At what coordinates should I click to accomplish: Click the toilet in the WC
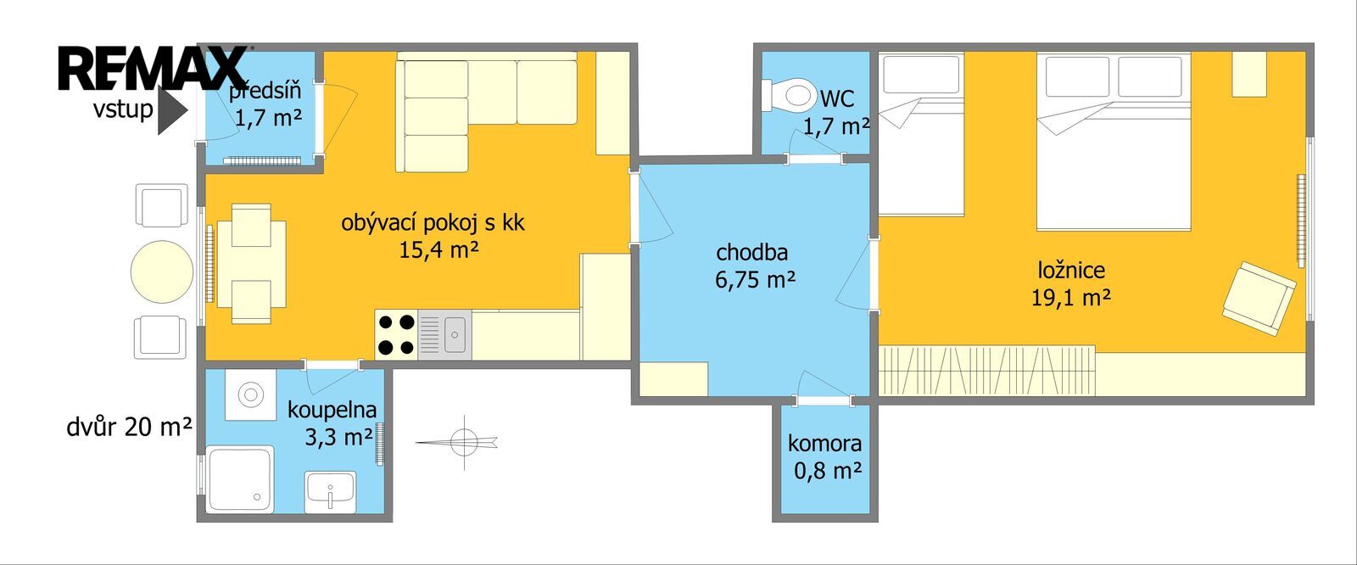[x=789, y=94]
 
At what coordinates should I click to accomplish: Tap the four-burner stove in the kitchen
[x=396, y=334]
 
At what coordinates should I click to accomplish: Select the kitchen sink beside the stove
[x=444, y=334]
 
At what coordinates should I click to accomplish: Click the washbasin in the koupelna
[x=331, y=492]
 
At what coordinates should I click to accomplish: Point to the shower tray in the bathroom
[x=241, y=479]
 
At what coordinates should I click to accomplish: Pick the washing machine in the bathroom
[x=250, y=394]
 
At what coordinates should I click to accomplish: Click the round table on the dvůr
[x=162, y=271]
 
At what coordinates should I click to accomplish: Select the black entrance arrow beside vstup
[x=172, y=109]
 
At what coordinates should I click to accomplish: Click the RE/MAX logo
[x=153, y=68]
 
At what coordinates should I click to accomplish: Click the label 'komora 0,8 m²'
[x=825, y=456]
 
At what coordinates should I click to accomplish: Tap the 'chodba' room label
[x=751, y=252]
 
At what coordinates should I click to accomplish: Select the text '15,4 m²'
[x=438, y=249]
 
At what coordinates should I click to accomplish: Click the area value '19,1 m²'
[x=1071, y=298]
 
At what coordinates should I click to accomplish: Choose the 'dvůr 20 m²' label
[x=129, y=428]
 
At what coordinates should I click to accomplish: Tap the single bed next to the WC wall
[x=921, y=134]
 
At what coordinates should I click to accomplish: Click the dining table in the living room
[x=251, y=264]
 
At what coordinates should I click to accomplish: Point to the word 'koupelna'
[x=332, y=411]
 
